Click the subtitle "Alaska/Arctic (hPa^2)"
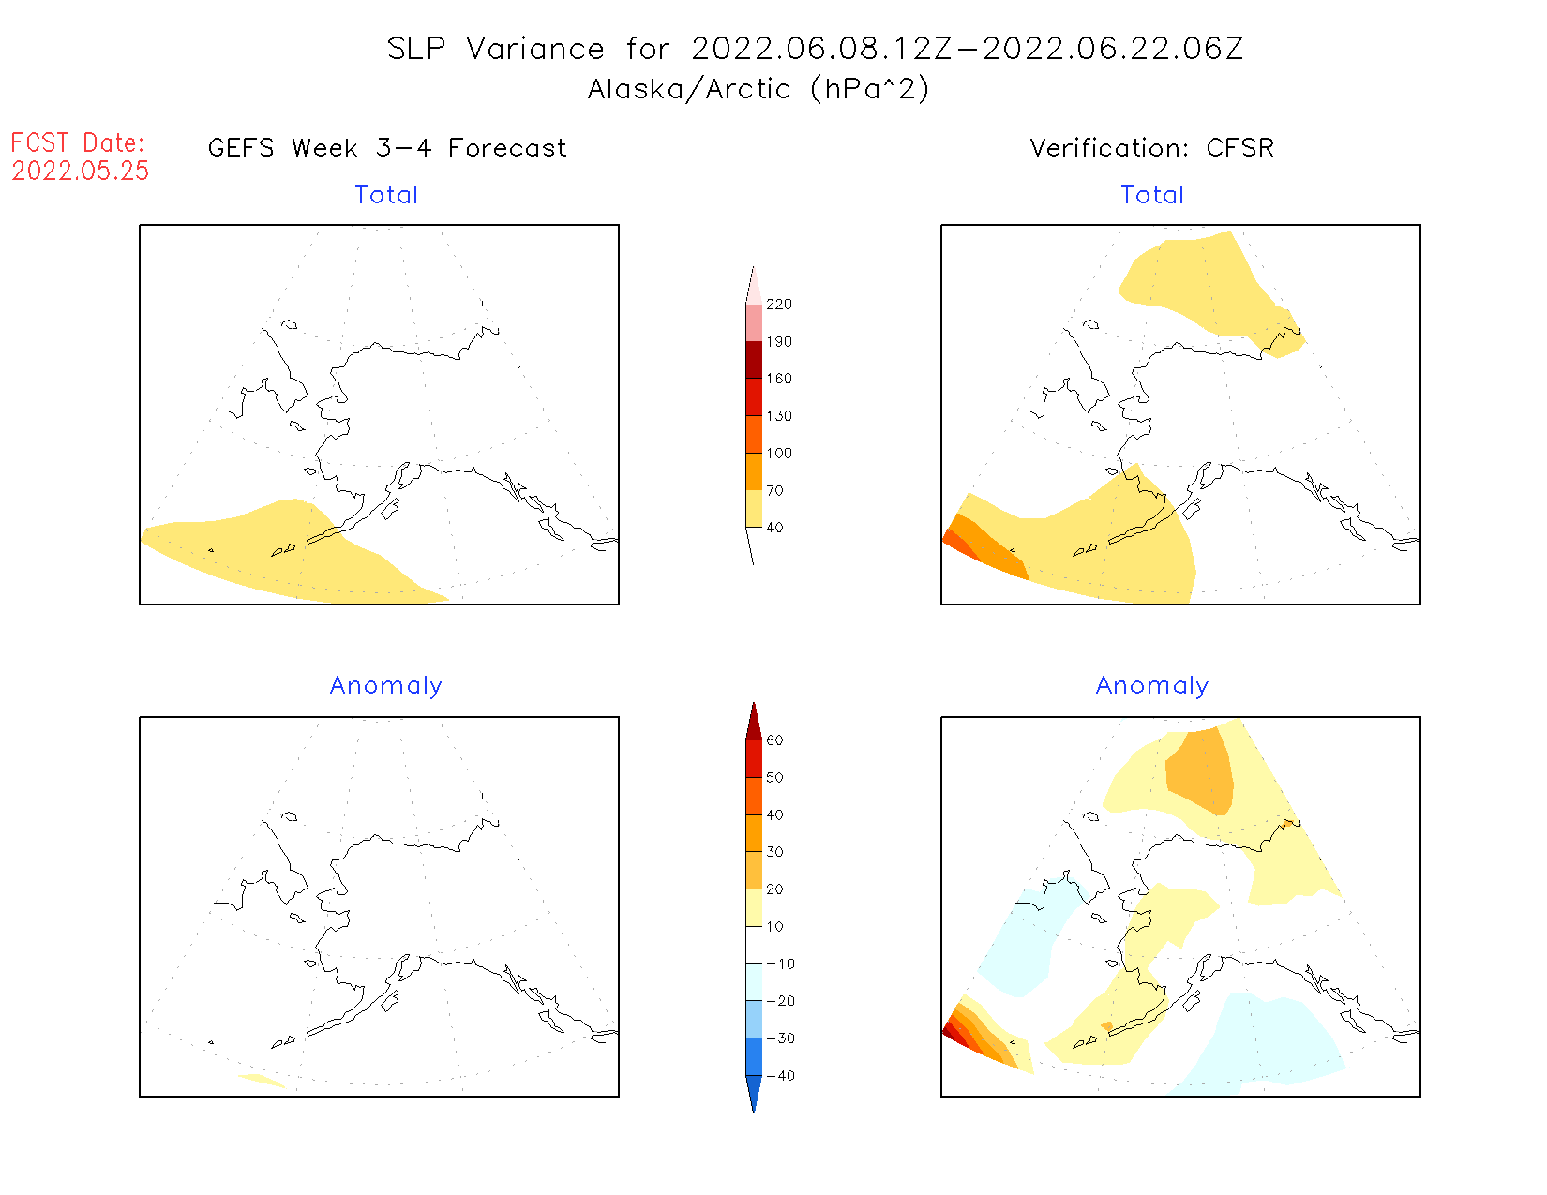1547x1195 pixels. point(758,89)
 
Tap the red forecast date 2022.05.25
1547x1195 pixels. point(81,171)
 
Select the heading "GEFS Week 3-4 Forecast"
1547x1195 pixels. point(387,148)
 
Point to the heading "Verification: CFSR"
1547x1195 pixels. point(1151,148)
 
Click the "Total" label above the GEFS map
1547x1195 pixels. point(386,195)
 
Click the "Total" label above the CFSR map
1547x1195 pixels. point(1152,195)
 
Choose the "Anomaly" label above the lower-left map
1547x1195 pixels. point(385,686)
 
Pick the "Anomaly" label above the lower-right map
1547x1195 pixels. point(1152,686)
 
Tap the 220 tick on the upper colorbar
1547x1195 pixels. point(778,305)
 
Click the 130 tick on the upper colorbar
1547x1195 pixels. point(778,416)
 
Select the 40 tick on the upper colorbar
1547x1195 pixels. point(774,528)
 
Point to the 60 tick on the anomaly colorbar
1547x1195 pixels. point(774,740)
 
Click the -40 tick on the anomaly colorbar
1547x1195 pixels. point(780,1076)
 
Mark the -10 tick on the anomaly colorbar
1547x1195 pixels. point(780,964)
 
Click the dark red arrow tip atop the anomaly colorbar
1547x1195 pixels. point(754,720)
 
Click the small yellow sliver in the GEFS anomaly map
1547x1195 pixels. point(262,1081)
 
